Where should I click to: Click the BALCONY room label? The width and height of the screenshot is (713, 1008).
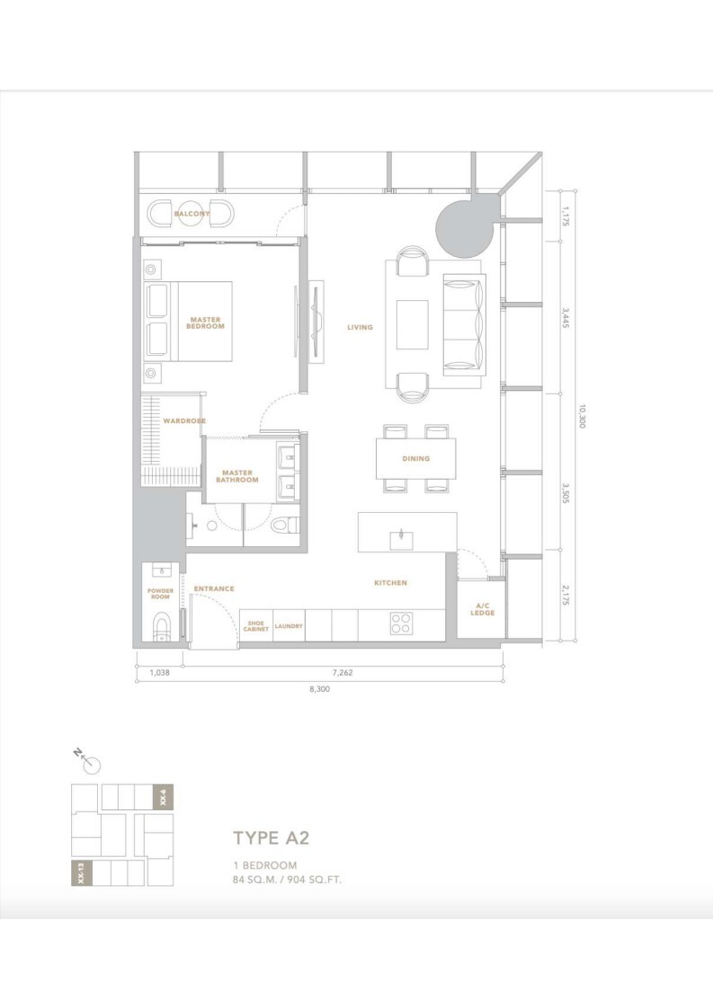(192, 214)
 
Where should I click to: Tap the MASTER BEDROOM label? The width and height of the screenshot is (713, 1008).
(205, 323)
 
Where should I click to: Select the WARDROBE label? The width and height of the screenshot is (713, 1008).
(184, 421)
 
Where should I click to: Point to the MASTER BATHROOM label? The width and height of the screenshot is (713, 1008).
(236, 476)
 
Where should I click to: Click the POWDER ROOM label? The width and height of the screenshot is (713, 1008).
(160, 594)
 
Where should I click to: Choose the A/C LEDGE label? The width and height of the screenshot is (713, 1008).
(482, 609)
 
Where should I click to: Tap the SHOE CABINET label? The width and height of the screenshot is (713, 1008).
(256, 626)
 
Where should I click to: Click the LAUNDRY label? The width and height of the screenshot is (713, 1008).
(289, 626)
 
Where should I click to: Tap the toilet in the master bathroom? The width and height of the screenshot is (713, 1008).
(283, 526)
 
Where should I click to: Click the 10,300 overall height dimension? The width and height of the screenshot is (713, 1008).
(582, 416)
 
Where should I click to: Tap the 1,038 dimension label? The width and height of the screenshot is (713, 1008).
(159, 673)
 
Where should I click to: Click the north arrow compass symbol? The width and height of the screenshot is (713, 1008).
(91, 761)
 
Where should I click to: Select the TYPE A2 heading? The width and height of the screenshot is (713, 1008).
(271, 837)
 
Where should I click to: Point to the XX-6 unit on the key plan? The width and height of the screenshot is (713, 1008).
(162, 797)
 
